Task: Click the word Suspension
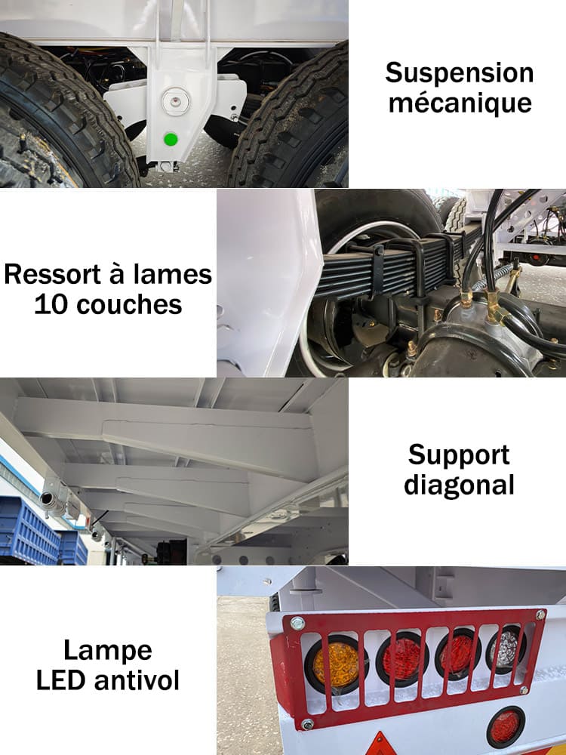(x=459, y=74)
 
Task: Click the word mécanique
(x=460, y=102)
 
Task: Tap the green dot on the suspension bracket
(x=171, y=139)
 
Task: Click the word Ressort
(x=53, y=275)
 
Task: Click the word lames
(x=174, y=275)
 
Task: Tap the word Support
(x=459, y=456)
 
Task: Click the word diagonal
(x=459, y=485)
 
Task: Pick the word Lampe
(x=108, y=651)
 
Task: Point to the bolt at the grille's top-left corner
(x=297, y=624)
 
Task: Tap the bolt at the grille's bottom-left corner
(x=307, y=724)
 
